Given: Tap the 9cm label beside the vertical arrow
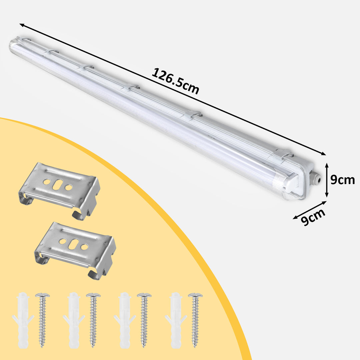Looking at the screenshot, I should [342, 180].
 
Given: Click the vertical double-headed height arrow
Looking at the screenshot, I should [327, 180].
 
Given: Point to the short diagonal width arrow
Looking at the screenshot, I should [309, 210].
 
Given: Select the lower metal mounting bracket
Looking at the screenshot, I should [75, 250].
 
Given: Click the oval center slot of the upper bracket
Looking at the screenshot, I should [57, 185].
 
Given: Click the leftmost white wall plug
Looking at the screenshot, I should [23, 320].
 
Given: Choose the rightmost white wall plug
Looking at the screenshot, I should [176, 320].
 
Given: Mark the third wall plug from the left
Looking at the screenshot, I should [125, 320].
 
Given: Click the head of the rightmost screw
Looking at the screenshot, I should [195, 295].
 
